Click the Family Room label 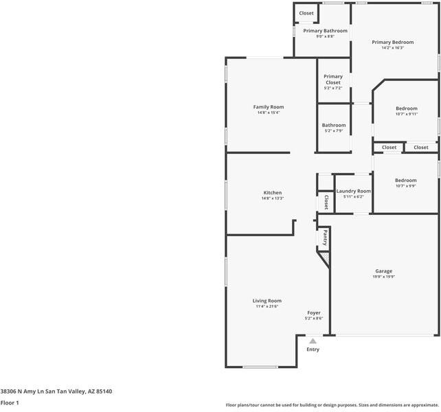click(269, 107)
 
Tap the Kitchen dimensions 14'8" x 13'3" click(272, 198)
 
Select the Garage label click(383, 271)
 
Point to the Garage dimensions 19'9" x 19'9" click(383, 277)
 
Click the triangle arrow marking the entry click(313, 341)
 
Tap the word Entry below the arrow click(313, 350)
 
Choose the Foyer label click(314, 313)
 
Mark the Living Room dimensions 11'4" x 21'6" click(267, 306)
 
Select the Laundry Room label click(354, 191)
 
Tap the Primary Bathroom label click(326, 31)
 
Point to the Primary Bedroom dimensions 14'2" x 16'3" click(392, 48)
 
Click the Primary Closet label click(333, 80)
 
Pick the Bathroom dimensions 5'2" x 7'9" click(334, 131)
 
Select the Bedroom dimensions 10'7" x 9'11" click(406, 114)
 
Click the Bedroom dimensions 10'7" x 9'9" click(405, 186)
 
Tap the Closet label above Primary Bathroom click(306, 13)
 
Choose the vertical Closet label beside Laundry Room click(326, 202)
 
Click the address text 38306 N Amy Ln click(27, 391)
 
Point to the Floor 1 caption click(10, 403)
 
